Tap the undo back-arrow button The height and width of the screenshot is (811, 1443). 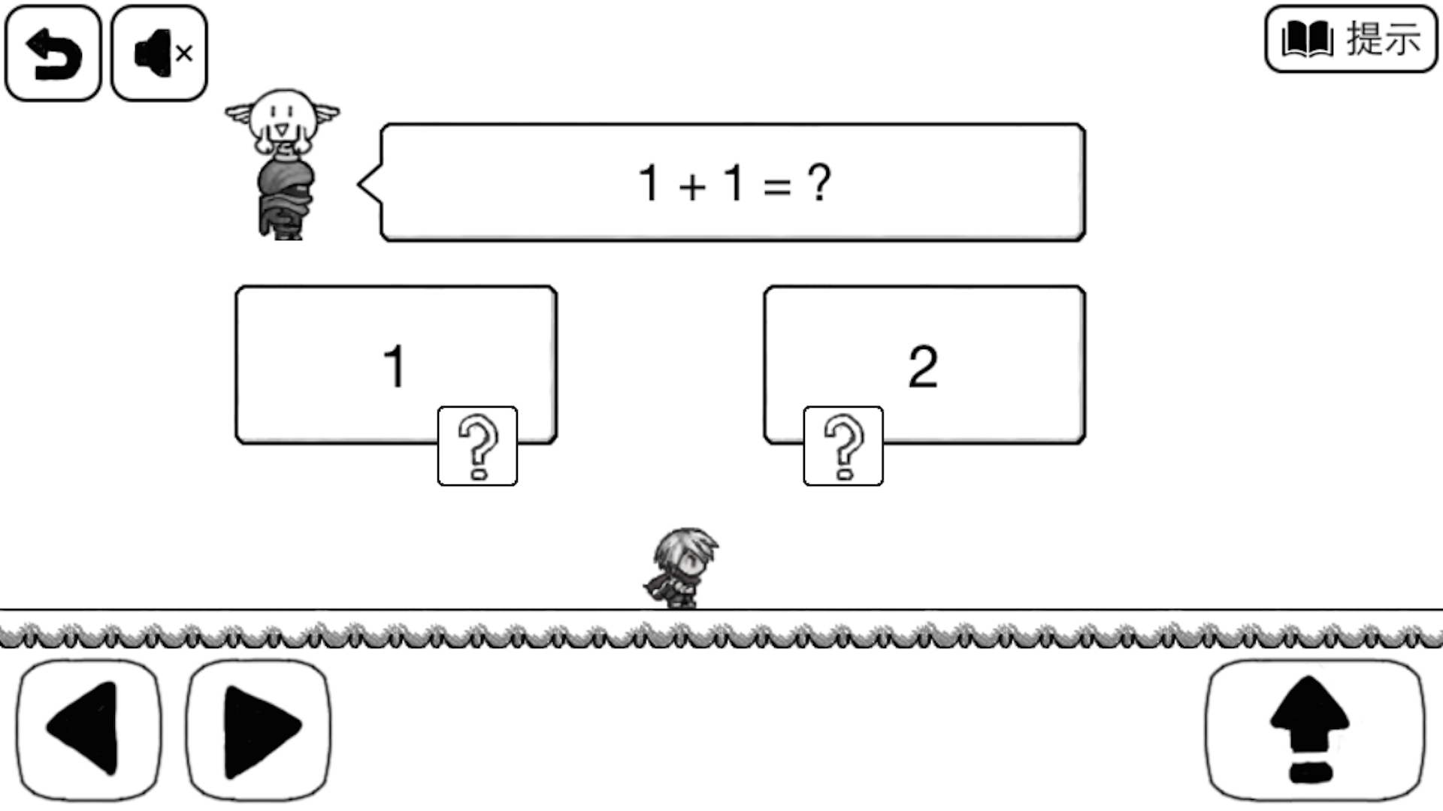[53, 53]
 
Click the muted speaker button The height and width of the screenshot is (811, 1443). [159, 53]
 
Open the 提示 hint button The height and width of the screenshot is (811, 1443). [1351, 39]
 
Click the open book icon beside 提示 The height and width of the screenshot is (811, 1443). [1307, 39]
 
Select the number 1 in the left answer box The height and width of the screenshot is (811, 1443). [395, 366]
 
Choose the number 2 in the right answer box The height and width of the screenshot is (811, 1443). [923, 366]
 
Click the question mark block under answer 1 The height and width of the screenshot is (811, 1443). [477, 446]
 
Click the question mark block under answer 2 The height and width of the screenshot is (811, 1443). [843, 446]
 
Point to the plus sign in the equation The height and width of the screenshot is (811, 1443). [692, 186]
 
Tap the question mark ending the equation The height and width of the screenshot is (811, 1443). [819, 182]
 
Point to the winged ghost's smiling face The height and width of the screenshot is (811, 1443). [282, 120]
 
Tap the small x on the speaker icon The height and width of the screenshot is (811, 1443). [184, 53]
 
